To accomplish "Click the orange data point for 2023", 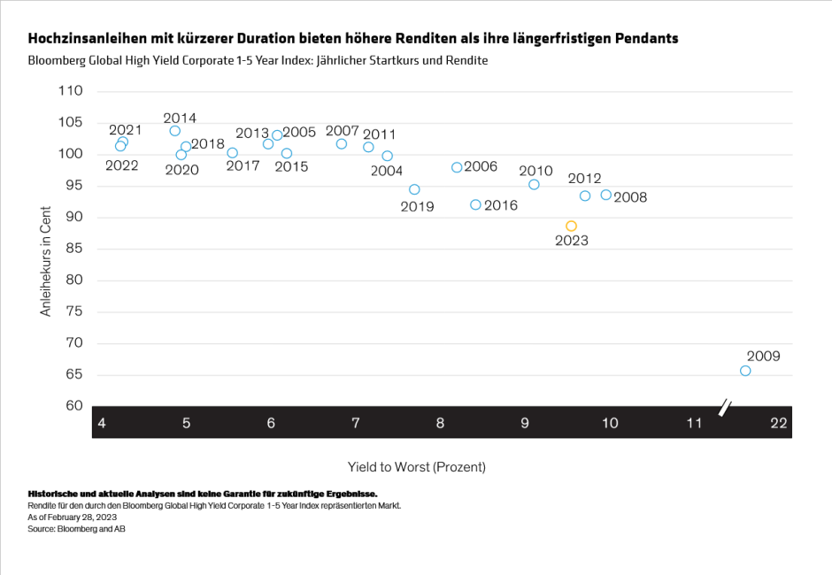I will [572, 226].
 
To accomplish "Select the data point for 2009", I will [745, 371].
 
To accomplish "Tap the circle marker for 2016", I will [475, 204].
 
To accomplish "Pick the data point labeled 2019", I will [414, 189].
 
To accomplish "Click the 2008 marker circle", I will [606, 195].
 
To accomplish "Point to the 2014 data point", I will [175, 131].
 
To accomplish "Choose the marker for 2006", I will [457, 167].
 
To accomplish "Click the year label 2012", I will [584, 179].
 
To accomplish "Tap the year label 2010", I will [535, 171].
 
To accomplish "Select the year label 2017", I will [243, 165].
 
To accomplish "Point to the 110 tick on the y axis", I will [70, 91].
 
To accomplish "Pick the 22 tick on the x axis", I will [779, 424].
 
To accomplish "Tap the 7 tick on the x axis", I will [356, 424].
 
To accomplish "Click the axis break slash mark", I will [726, 409].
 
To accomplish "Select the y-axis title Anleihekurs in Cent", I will [46, 262].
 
